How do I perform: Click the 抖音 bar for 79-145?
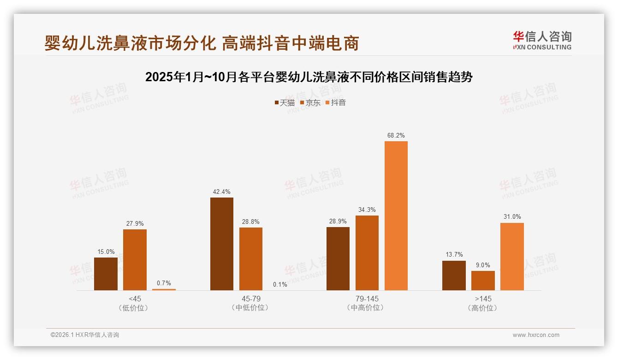(x=396, y=216)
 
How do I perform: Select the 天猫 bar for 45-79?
(x=222, y=244)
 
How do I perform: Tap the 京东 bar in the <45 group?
(x=135, y=260)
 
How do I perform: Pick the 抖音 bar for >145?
(x=512, y=257)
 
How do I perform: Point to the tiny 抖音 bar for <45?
(x=164, y=289)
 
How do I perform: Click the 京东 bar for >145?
(x=483, y=281)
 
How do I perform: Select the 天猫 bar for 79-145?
(x=338, y=258)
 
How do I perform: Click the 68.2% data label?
(x=396, y=136)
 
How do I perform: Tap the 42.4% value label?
(x=222, y=192)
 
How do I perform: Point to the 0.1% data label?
(x=280, y=285)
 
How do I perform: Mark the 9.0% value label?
(x=483, y=265)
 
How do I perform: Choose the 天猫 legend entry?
(x=285, y=102)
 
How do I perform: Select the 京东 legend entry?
(x=310, y=102)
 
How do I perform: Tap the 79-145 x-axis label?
(x=367, y=299)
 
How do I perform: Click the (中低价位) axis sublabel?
(x=251, y=307)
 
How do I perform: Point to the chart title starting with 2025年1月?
(x=309, y=77)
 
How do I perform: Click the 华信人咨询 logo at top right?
(x=542, y=41)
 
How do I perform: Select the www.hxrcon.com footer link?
(x=536, y=335)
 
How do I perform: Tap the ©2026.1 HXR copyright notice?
(x=85, y=335)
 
